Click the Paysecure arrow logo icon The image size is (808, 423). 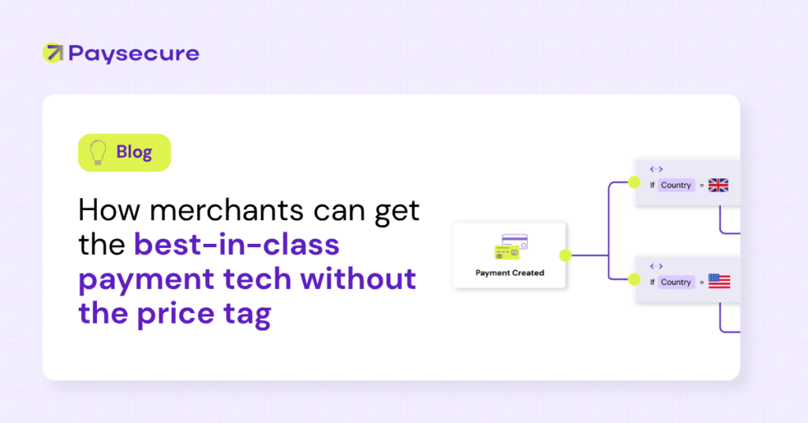coord(53,53)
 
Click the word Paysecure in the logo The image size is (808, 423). coord(134,54)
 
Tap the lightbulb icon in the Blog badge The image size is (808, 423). coord(97,152)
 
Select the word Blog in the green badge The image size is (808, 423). coord(134,152)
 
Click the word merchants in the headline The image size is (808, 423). coord(226,210)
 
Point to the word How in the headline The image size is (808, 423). coord(110,210)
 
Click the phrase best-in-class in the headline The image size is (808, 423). coord(237,244)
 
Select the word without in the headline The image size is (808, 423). coord(358,279)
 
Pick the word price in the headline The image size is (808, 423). coord(175,313)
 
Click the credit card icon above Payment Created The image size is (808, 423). coord(511,247)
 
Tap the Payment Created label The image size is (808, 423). coord(510,273)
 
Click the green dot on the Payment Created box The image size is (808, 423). coord(565,255)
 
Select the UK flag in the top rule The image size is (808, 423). coord(718,185)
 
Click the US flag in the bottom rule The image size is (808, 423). coord(720,281)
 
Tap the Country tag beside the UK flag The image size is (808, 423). coord(676,185)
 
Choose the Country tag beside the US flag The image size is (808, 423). coord(676,282)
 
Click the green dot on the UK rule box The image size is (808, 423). coord(634,182)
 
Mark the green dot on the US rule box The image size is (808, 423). coord(634,279)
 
